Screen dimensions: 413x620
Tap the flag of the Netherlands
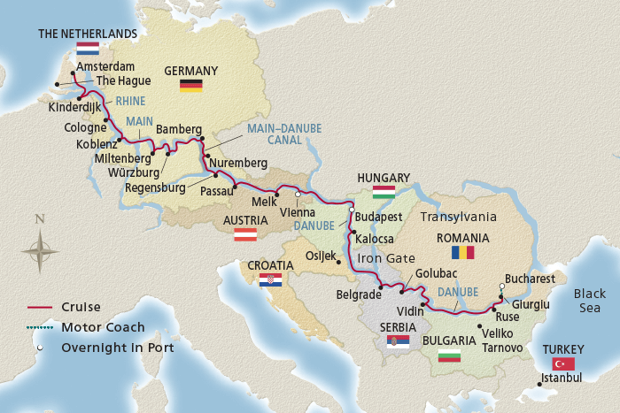(x=88, y=49)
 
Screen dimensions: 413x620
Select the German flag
(x=190, y=85)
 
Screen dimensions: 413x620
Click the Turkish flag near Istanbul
(x=563, y=363)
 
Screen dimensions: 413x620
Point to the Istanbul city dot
(x=539, y=384)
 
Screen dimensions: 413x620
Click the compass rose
(x=40, y=250)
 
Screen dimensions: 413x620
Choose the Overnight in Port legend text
(x=117, y=348)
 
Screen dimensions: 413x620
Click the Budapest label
(x=379, y=217)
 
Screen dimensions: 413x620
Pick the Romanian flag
(x=462, y=253)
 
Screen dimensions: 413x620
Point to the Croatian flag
(x=270, y=279)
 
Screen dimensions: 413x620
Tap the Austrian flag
(x=244, y=235)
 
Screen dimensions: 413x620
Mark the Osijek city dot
(x=337, y=262)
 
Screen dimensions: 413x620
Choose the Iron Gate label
(x=385, y=258)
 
